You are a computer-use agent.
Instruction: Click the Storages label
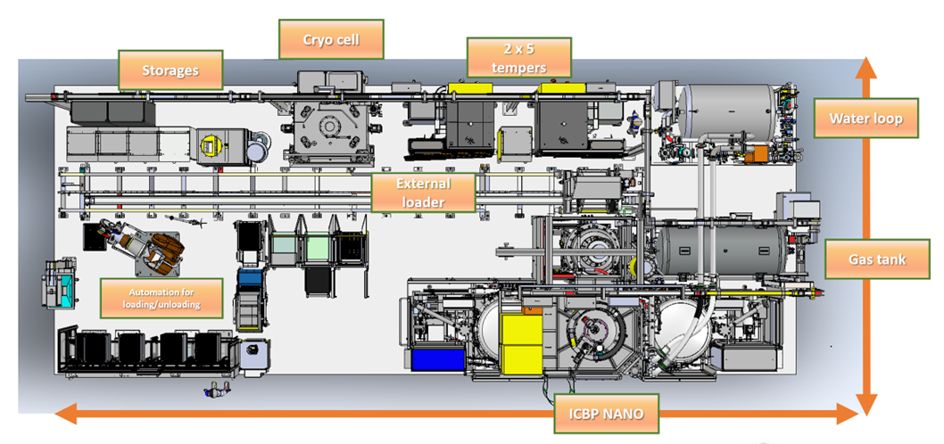tap(171, 69)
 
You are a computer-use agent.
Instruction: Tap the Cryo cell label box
tap(331, 39)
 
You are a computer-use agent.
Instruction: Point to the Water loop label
tap(865, 118)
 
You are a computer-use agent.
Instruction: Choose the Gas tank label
tap(877, 259)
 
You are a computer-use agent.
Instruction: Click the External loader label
tap(424, 193)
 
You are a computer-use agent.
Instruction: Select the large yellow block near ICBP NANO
tap(521, 343)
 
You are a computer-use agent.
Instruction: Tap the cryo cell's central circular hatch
tap(329, 128)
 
